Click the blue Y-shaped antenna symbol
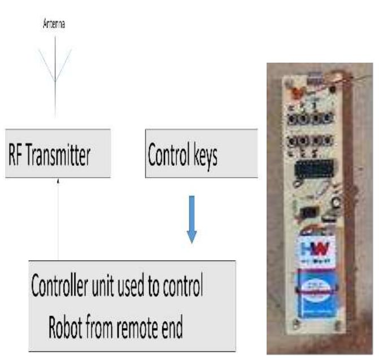coord(55,68)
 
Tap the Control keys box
coord(201,153)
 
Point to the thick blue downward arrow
coord(191,219)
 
